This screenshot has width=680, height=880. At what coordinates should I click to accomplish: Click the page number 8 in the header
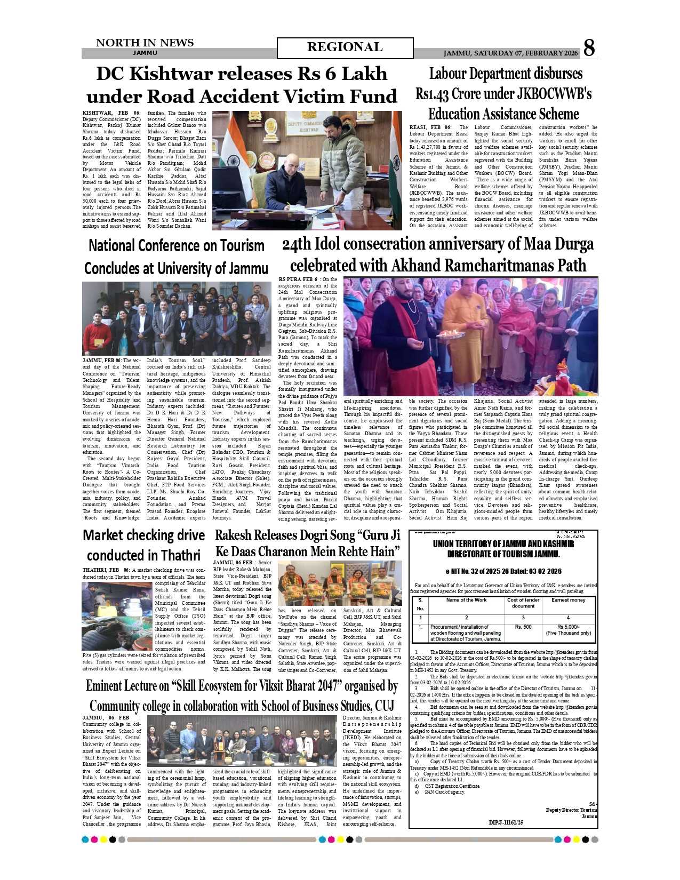point(589,48)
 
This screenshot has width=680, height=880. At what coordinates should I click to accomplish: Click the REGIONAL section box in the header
point(345,47)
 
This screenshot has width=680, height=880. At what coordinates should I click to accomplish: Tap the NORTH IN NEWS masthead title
point(145,43)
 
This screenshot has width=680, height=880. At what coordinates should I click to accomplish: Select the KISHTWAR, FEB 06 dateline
point(111,113)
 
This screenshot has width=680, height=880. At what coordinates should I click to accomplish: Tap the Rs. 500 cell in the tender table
point(523,627)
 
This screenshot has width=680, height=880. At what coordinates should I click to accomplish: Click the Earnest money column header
point(569,600)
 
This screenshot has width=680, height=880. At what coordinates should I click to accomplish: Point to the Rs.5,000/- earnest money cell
point(569,627)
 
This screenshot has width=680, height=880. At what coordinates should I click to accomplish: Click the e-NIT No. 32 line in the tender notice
point(503,571)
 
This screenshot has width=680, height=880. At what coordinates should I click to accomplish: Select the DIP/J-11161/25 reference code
point(506,822)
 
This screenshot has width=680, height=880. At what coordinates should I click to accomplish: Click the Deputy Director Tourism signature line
point(571,810)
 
